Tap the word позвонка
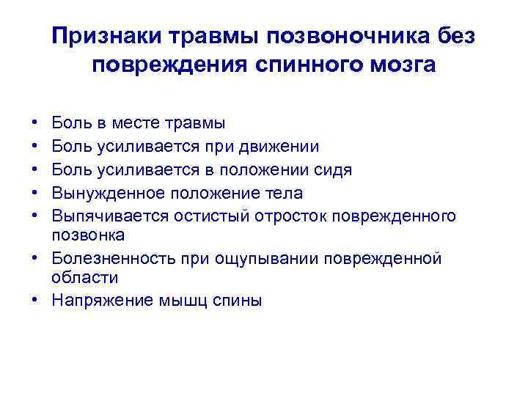tap(88, 235)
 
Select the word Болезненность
tap(115, 258)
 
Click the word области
tap(84, 278)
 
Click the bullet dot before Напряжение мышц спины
tap(37, 300)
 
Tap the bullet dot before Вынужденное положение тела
tap(37, 193)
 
